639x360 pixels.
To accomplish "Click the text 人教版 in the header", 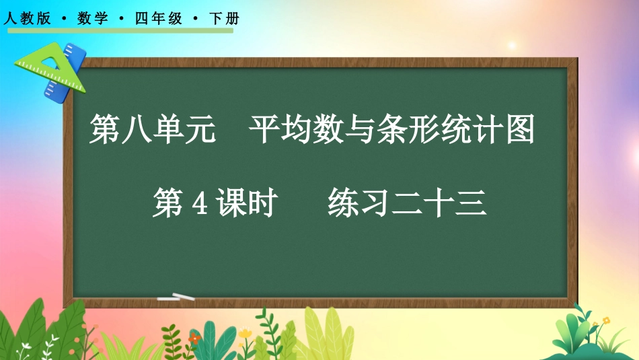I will click(x=28, y=20).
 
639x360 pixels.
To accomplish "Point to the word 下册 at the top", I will click(x=224, y=20).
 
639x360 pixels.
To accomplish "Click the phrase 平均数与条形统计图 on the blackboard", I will click(x=392, y=130).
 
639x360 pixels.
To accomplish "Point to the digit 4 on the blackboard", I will click(x=198, y=203).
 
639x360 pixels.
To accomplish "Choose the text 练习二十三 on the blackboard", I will click(x=407, y=203).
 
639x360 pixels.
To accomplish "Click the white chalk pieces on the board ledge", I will click(x=175, y=297).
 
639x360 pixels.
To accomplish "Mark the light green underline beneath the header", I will click(x=118, y=30).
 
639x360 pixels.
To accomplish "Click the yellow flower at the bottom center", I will click(x=245, y=333).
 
